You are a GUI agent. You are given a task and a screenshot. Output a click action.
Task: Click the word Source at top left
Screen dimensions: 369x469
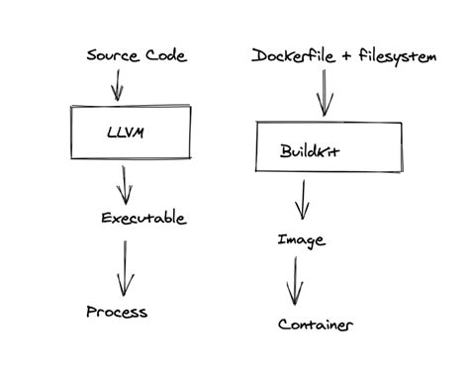coord(112,56)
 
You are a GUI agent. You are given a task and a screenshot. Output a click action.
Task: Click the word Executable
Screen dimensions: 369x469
coord(143,218)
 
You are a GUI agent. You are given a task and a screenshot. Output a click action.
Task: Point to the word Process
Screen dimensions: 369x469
coord(117,312)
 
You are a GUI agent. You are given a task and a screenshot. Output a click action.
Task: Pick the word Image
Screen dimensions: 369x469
coord(301,239)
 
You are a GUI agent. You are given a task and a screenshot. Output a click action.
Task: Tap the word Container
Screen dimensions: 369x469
coord(316,324)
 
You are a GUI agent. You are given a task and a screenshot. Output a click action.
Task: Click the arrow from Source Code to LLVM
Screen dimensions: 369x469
coord(116,85)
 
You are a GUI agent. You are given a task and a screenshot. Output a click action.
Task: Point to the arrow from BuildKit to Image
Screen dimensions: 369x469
coord(303,201)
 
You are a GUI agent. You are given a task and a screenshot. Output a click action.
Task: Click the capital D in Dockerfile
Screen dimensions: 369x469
coord(259,57)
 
